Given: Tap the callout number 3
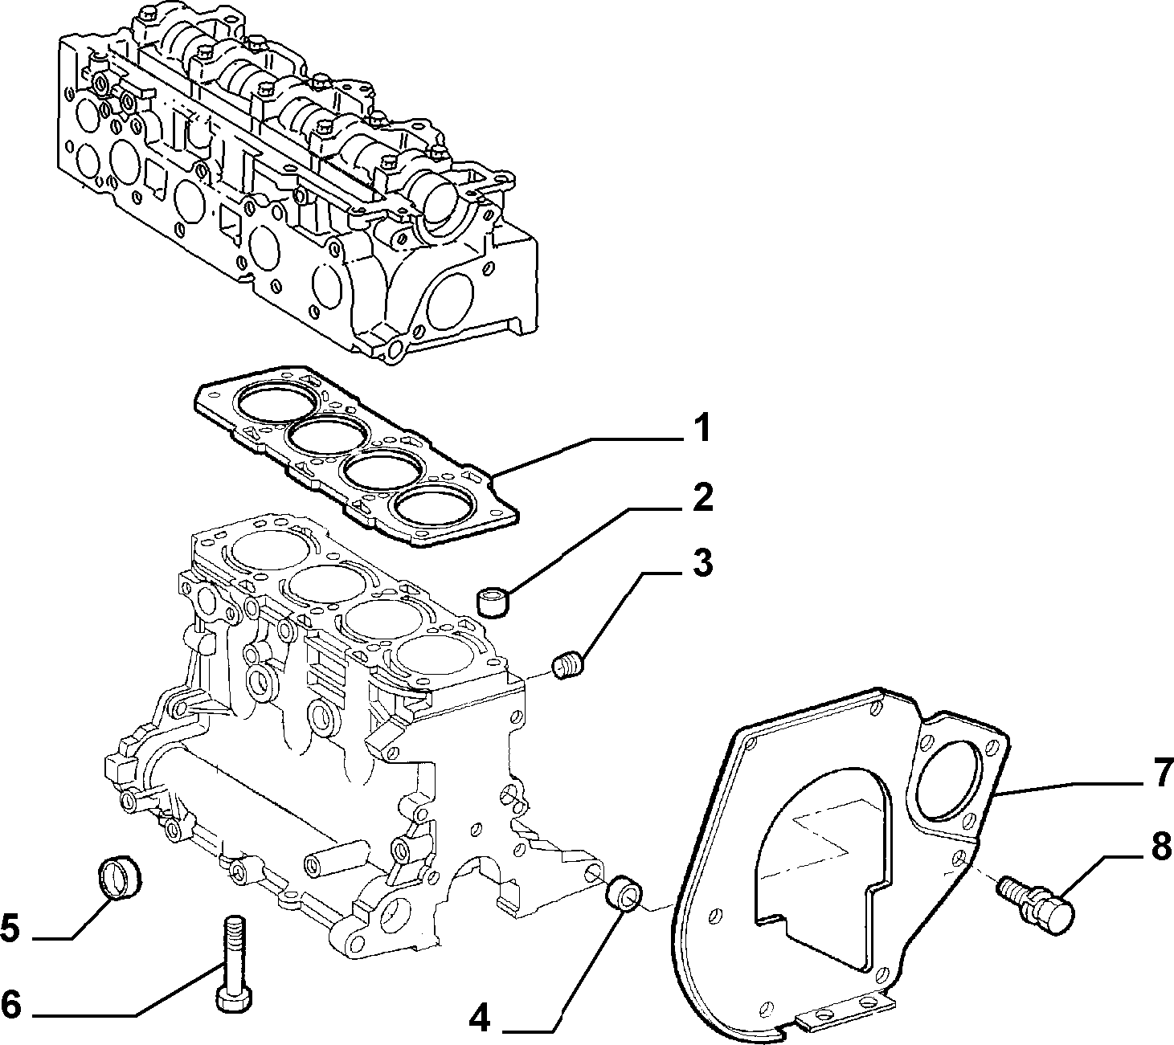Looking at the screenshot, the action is [x=702, y=563].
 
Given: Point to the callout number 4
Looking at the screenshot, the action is [x=479, y=1017].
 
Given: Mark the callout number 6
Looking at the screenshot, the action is [x=11, y=1005].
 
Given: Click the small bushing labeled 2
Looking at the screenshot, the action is [x=493, y=602].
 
